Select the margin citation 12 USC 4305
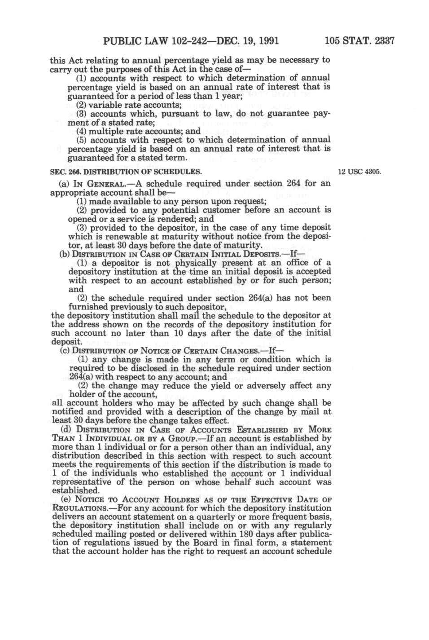click(359, 172)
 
